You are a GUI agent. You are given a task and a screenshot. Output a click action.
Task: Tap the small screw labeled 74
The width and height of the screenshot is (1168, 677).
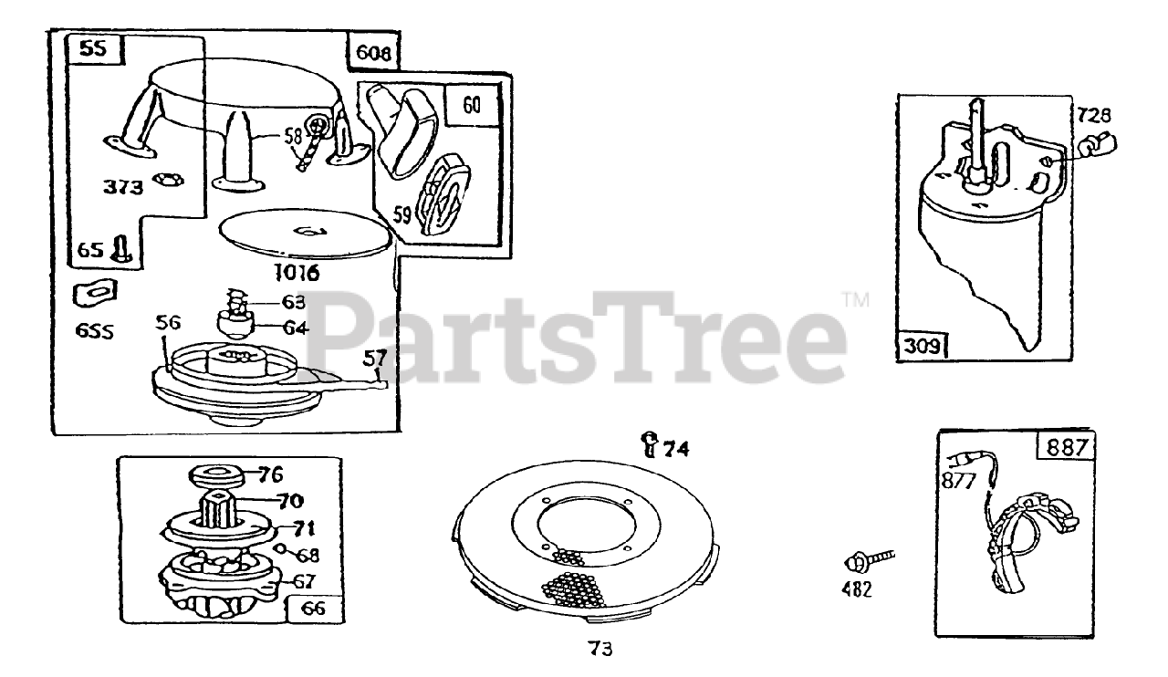[x=650, y=444]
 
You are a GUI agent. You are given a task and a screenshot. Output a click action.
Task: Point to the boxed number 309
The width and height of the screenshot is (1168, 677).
[x=921, y=346]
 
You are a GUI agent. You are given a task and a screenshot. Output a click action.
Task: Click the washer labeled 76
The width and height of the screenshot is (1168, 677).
[x=216, y=475]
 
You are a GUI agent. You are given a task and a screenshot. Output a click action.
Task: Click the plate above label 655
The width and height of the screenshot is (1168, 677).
[x=96, y=293]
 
